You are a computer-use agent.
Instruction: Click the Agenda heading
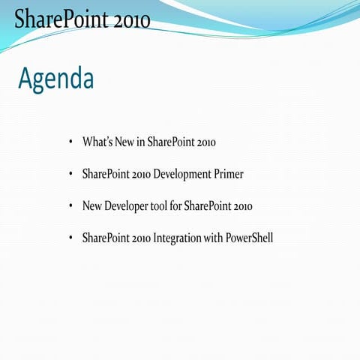[56, 77]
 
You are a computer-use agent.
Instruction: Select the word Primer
[228, 174]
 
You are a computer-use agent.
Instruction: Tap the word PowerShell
[249, 238]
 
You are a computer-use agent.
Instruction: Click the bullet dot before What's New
[70, 142]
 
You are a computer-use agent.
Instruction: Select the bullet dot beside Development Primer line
[70, 174]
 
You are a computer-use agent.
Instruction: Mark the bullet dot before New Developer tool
[70, 206]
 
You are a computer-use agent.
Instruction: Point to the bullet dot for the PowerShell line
[70, 238]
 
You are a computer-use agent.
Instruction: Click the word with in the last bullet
[214, 238]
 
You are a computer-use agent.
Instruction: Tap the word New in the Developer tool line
[92, 206]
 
